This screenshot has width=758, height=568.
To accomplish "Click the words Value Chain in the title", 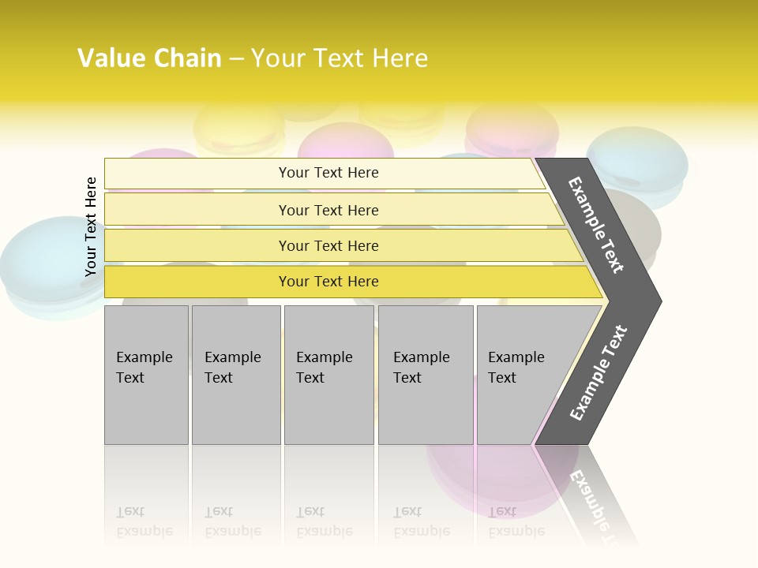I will [149, 58].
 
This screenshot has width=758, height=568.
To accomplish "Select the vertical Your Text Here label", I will [91, 226].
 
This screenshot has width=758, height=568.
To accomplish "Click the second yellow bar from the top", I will [328, 210].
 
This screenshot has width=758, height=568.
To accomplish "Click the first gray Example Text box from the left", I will [146, 375].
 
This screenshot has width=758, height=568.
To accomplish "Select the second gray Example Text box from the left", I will [235, 375].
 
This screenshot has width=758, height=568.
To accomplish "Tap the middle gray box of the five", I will [328, 375].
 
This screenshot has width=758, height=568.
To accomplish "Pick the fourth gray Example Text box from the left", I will [426, 375].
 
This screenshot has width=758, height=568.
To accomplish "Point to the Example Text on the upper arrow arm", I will [596, 225].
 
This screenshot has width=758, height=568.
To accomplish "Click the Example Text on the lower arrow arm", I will [599, 372].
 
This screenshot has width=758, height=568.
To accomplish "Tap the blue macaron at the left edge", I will [39, 264].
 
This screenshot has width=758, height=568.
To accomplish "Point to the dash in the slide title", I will [236, 59].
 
